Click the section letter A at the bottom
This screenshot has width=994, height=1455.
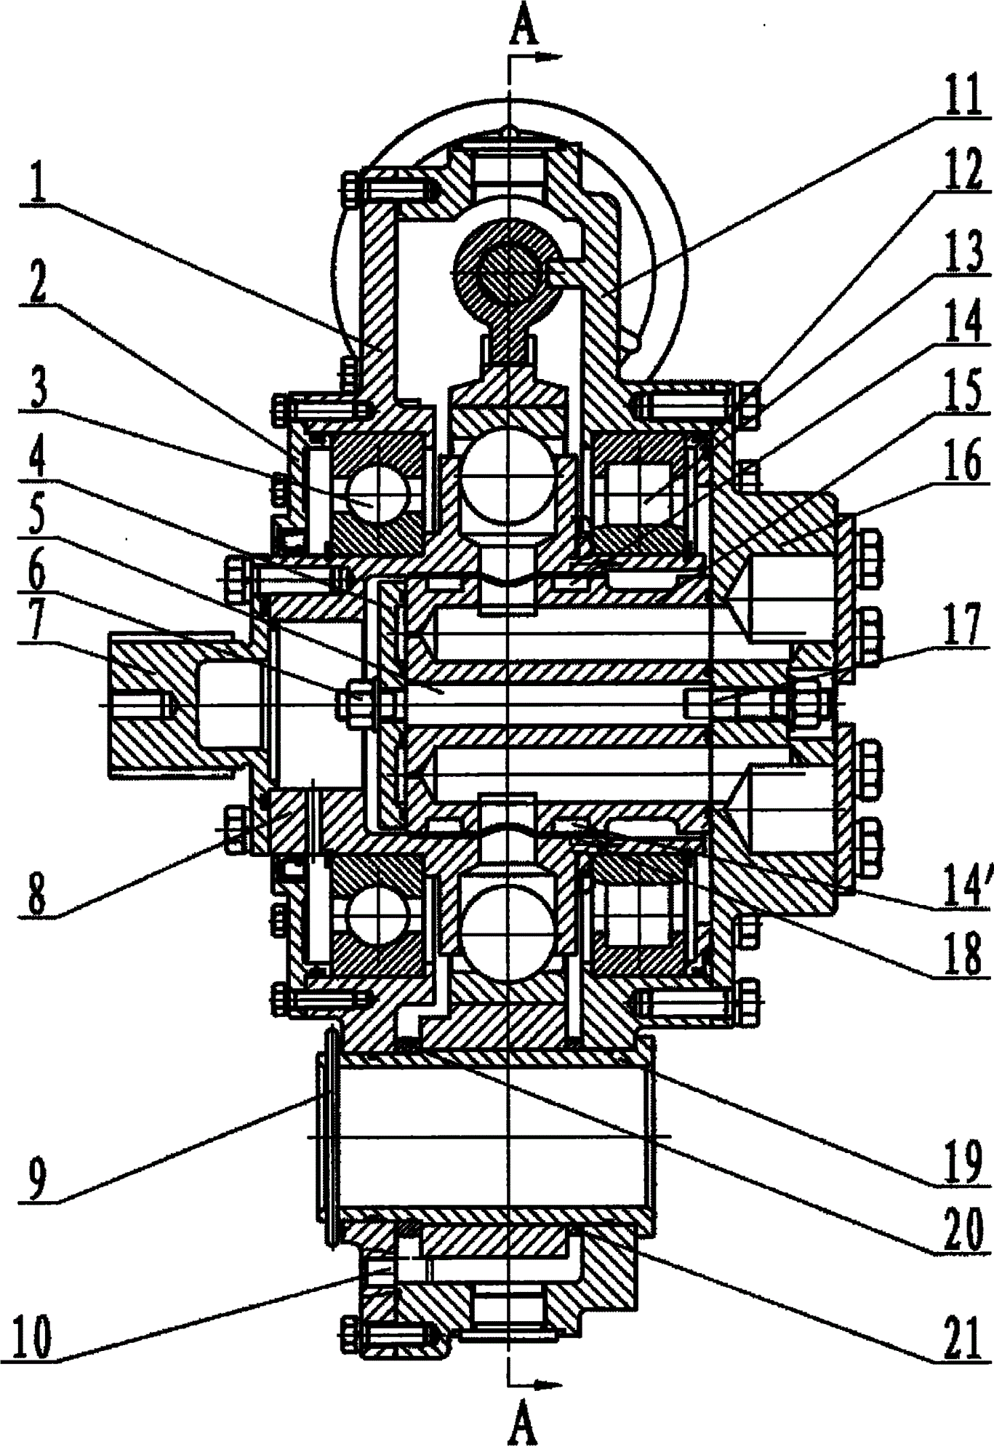tap(523, 1427)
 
